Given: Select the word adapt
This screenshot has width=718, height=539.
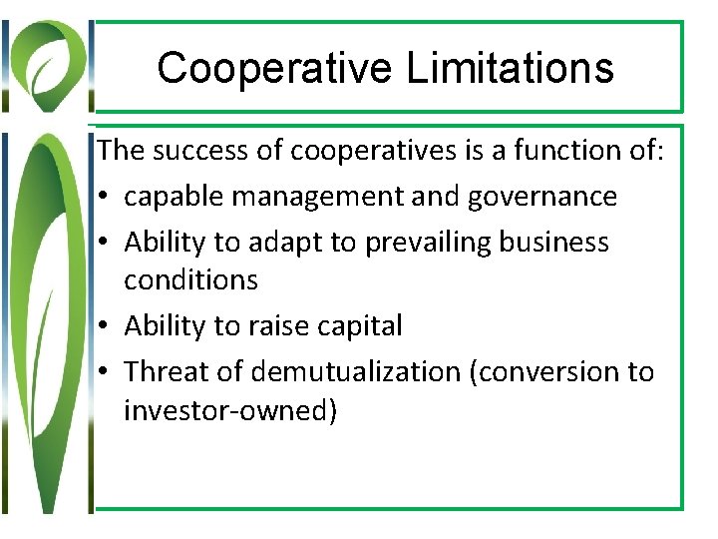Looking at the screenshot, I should [x=297, y=243].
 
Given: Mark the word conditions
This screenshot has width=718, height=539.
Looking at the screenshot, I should [x=190, y=280].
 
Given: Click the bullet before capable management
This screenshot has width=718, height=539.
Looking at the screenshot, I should [x=106, y=198].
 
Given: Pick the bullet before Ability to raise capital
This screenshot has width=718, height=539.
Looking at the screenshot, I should [x=106, y=326].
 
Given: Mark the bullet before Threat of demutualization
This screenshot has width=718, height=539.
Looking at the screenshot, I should [x=106, y=372].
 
